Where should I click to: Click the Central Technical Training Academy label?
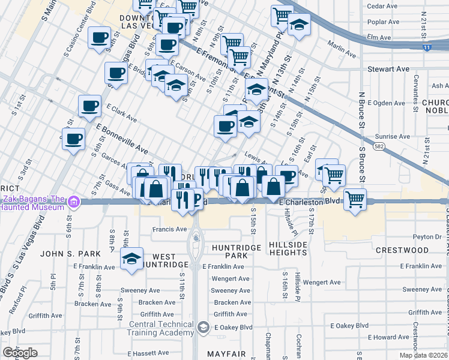click(159, 331)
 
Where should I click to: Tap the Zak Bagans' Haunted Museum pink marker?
click(74, 202)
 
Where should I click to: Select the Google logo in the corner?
click(20, 353)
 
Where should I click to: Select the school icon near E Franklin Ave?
click(131, 259)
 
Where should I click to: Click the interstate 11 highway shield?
click(426, 47)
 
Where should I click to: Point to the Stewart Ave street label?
click(388, 69)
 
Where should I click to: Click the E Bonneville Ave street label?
click(122, 139)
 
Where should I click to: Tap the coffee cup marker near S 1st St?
click(74, 139)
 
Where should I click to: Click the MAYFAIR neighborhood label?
click(228, 354)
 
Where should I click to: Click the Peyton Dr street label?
click(431, 237)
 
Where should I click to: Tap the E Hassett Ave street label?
click(146, 353)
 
